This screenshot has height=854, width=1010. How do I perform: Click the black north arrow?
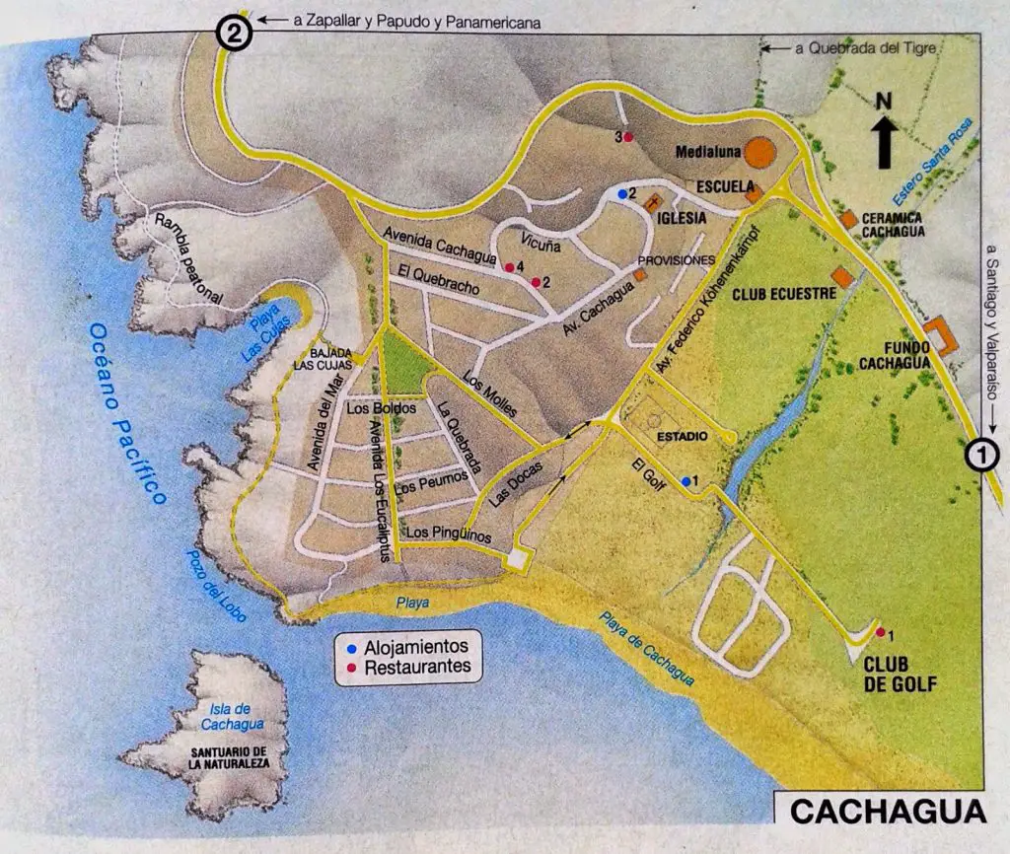tap(883, 139)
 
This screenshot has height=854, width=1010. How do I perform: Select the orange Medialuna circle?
tap(759, 152)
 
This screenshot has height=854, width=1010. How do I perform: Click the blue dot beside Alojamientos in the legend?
tap(352, 649)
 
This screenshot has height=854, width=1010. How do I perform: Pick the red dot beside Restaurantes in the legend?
tap(352, 669)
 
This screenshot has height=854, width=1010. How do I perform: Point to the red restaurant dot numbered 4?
tap(509, 267)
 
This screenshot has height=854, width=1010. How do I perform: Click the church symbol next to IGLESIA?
tap(652, 202)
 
